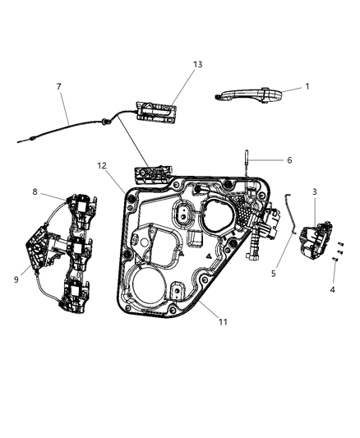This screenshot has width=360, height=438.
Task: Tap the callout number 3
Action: coord(315,191)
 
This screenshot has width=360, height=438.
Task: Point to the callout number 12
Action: coord(103,165)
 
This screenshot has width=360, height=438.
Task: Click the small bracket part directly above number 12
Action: coord(150,174)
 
